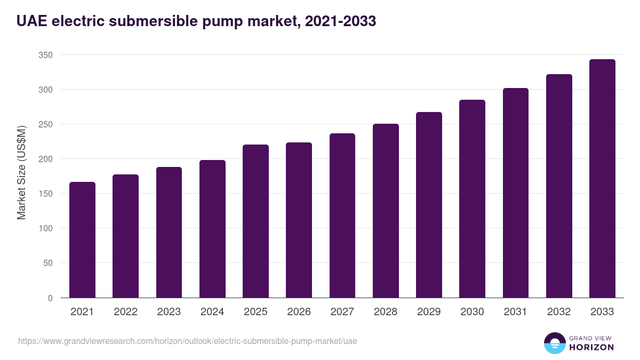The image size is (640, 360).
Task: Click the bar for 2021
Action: (82, 240)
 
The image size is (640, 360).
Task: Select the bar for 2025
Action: (255, 221)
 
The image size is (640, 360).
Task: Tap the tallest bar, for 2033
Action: (602, 179)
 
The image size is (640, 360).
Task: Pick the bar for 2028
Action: (386, 211)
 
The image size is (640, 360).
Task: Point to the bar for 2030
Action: (472, 198)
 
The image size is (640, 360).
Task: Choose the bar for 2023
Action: (169, 233)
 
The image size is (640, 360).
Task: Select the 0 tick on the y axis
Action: (50, 298)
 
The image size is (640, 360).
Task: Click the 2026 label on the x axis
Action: (299, 312)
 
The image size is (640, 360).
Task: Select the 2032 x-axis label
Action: (559, 312)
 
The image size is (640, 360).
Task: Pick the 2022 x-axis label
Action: (125, 312)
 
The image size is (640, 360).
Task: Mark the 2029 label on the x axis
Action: (429, 312)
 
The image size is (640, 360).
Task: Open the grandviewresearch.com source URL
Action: (187, 341)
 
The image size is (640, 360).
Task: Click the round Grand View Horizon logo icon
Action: (554, 343)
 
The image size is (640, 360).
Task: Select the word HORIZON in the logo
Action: (591, 347)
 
